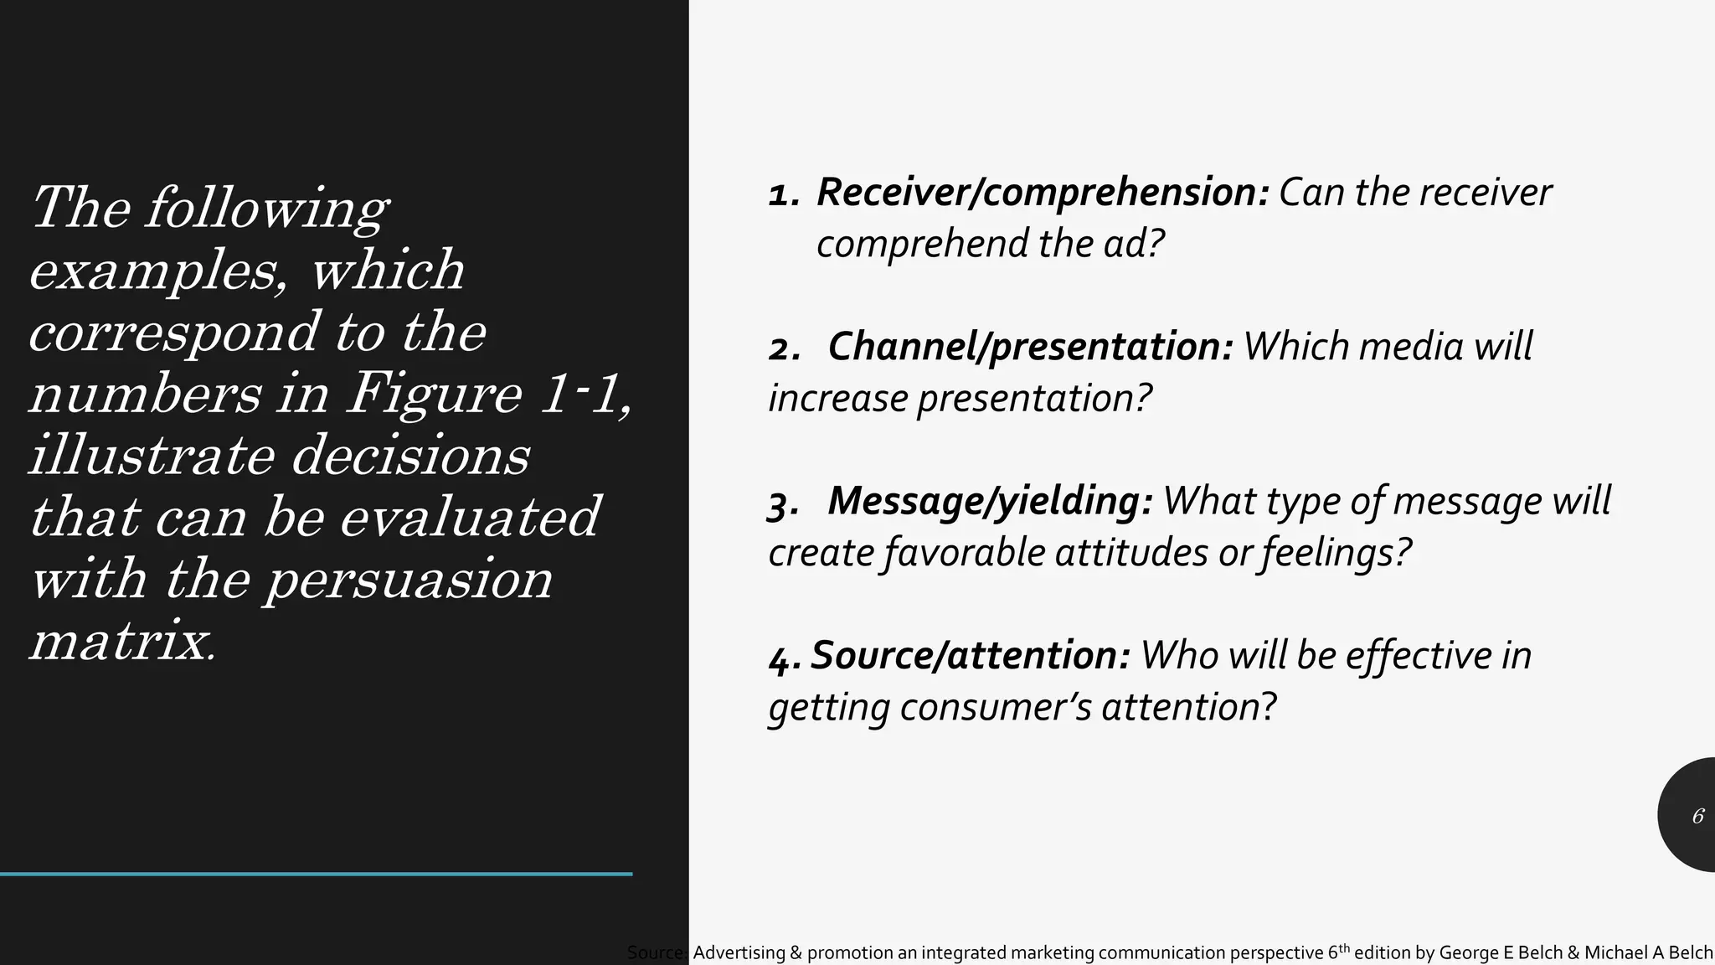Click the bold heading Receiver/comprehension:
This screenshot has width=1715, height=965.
[x=1043, y=193]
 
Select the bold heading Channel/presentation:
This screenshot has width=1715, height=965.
[x=1030, y=347]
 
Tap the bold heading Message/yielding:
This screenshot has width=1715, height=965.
[x=990, y=501]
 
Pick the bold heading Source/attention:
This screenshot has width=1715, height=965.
[x=971, y=655]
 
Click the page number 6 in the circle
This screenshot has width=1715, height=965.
[x=1697, y=816]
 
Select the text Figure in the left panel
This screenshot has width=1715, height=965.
[x=435, y=393]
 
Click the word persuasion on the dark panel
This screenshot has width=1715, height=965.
[x=409, y=580]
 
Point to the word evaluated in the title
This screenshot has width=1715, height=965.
[x=470, y=517]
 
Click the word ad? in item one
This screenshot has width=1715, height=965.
[x=1134, y=245]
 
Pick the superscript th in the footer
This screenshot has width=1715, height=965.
[x=1344, y=947]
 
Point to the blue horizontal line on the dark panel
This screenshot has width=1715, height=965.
[x=316, y=874]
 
